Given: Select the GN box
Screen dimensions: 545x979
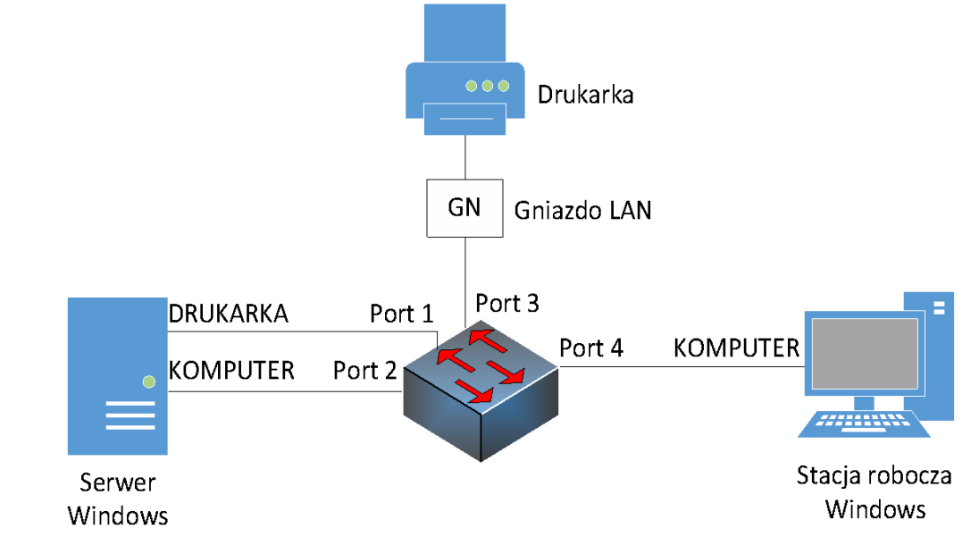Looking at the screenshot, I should [464, 208].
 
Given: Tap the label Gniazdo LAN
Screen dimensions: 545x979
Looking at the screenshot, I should [582, 211].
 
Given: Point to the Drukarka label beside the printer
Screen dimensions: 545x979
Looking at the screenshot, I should [585, 95].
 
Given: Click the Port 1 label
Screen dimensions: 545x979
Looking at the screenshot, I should [401, 314].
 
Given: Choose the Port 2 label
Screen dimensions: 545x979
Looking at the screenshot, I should [364, 369].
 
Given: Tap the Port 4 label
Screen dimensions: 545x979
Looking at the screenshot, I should [590, 348].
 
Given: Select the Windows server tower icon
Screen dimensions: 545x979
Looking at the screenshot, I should [117, 376].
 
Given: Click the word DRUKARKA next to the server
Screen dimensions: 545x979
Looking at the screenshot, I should [229, 314].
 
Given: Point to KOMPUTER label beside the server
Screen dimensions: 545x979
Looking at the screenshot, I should [231, 369].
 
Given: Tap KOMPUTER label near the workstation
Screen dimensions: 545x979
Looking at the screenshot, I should [736, 348].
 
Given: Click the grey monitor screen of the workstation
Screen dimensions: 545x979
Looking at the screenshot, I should [861, 353].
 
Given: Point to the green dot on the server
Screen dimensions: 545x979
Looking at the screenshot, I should [149, 381].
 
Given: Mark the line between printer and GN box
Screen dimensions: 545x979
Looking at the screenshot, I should [464, 158].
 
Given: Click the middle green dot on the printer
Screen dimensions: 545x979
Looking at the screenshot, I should [487, 86].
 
